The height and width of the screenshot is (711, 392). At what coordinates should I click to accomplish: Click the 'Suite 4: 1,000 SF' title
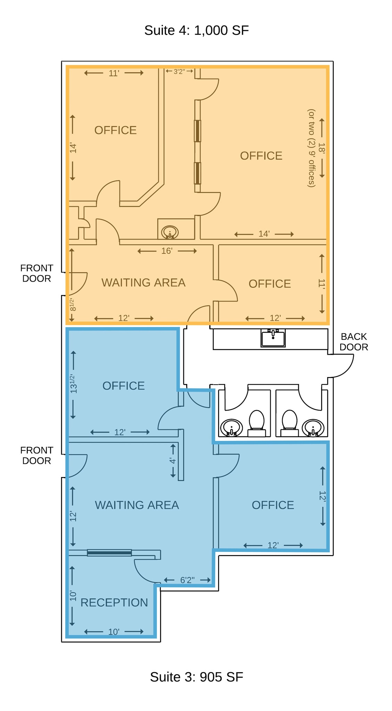(x=196, y=31)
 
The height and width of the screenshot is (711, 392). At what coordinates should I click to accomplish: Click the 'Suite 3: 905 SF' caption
(x=196, y=677)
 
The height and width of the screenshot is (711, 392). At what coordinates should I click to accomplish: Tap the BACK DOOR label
(x=353, y=342)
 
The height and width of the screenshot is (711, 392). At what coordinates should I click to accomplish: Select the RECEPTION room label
(x=114, y=602)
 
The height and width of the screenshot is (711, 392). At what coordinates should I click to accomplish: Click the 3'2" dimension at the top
(x=179, y=72)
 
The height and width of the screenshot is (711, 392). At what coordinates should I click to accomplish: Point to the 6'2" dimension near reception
(x=187, y=580)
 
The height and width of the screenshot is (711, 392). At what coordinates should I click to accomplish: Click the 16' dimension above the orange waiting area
(x=167, y=251)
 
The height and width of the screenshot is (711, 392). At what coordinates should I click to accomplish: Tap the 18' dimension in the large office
(x=322, y=148)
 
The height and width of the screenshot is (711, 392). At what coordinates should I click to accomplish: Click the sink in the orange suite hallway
(x=170, y=232)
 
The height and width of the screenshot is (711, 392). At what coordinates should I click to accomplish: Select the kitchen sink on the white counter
(x=273, y=338)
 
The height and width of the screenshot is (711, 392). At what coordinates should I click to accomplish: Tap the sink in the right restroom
(x=313, y=428)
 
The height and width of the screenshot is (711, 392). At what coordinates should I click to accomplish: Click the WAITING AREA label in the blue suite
(x=137, y=505)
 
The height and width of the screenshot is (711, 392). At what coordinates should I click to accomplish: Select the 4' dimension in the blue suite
(x=173, y=461)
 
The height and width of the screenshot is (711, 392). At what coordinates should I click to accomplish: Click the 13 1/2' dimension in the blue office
(x=73, y=384)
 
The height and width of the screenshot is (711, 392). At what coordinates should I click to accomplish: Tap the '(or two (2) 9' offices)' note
(x=311, y=148)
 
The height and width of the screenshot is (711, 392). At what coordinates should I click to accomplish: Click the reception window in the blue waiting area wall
(x=109, y=553)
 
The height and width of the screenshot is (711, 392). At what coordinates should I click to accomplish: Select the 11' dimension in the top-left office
(x=114, y=73)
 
